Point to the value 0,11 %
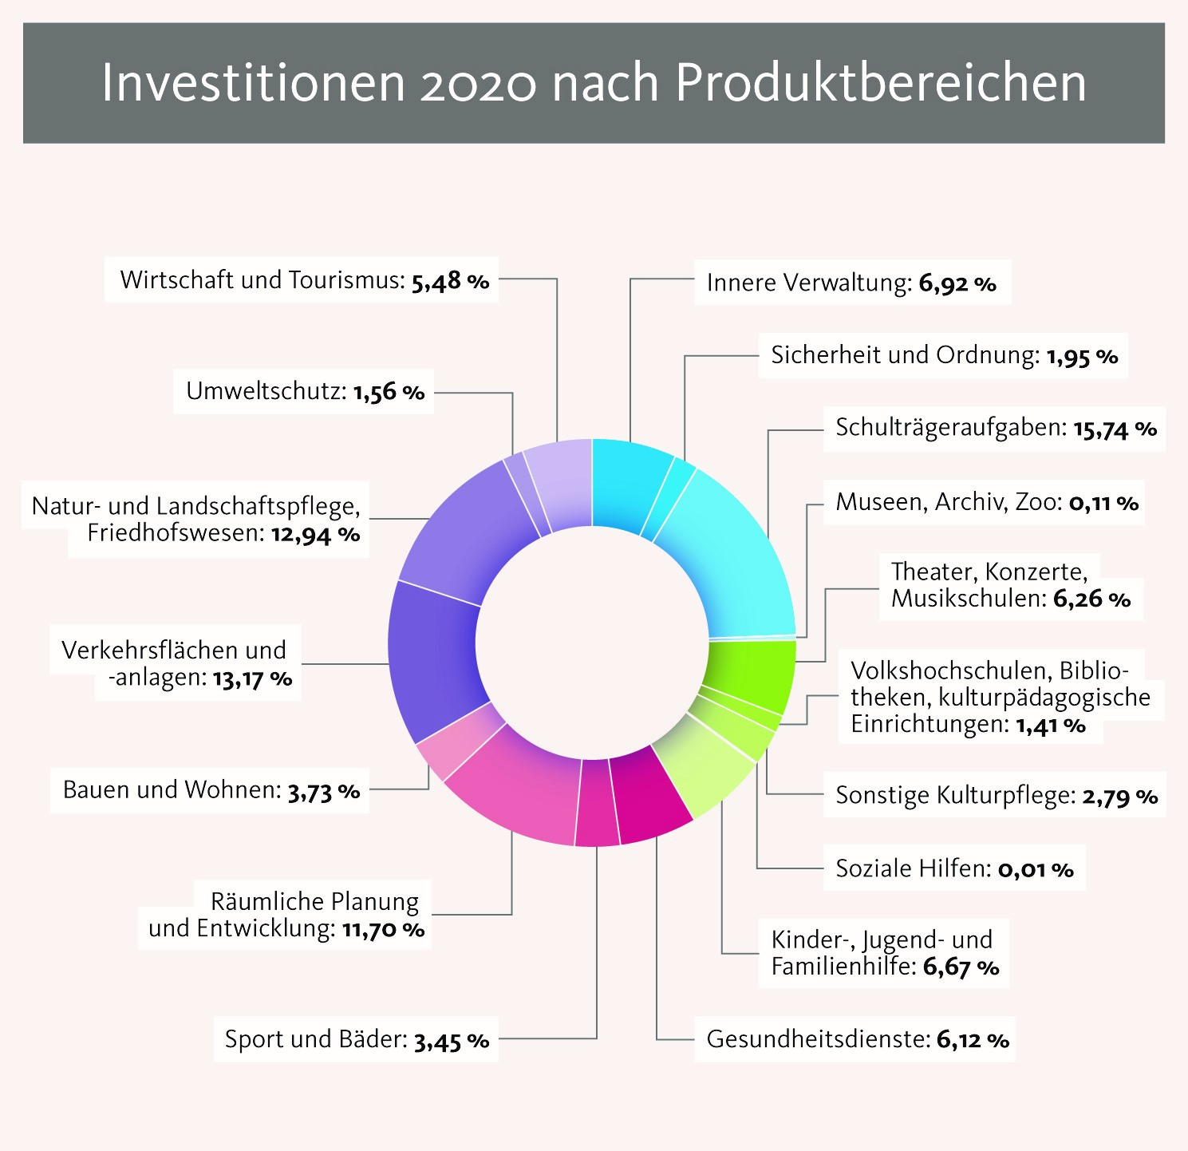tap(1103, 503)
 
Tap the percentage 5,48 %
tap(450, 281)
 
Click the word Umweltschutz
tap(266, 391)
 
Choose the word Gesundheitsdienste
tap(819, 1039)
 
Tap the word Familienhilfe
tap(843, 967)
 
